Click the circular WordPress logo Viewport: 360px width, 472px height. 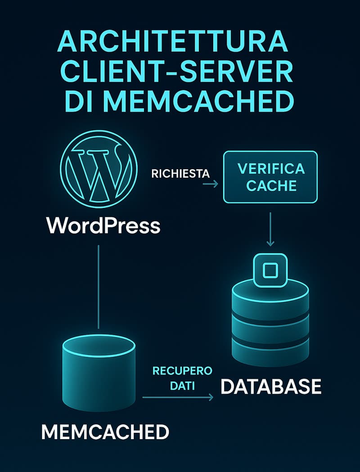99,169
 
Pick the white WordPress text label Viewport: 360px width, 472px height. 103,226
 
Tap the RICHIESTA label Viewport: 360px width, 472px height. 180,174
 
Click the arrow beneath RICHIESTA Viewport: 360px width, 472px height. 211,184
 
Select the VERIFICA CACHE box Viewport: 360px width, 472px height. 270,177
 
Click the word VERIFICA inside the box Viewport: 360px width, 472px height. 271,169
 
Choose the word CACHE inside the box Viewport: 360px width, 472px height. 271,186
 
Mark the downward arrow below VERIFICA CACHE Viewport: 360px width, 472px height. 270,229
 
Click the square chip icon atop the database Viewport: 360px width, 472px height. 270,270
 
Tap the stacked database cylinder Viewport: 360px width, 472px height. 270,322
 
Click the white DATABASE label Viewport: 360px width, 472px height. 271,387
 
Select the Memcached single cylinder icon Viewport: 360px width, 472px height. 99,373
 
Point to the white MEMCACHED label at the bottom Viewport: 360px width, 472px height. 105,432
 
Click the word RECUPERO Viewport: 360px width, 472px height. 182,371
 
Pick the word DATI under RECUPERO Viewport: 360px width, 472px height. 182,386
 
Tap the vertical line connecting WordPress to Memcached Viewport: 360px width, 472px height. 99,287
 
